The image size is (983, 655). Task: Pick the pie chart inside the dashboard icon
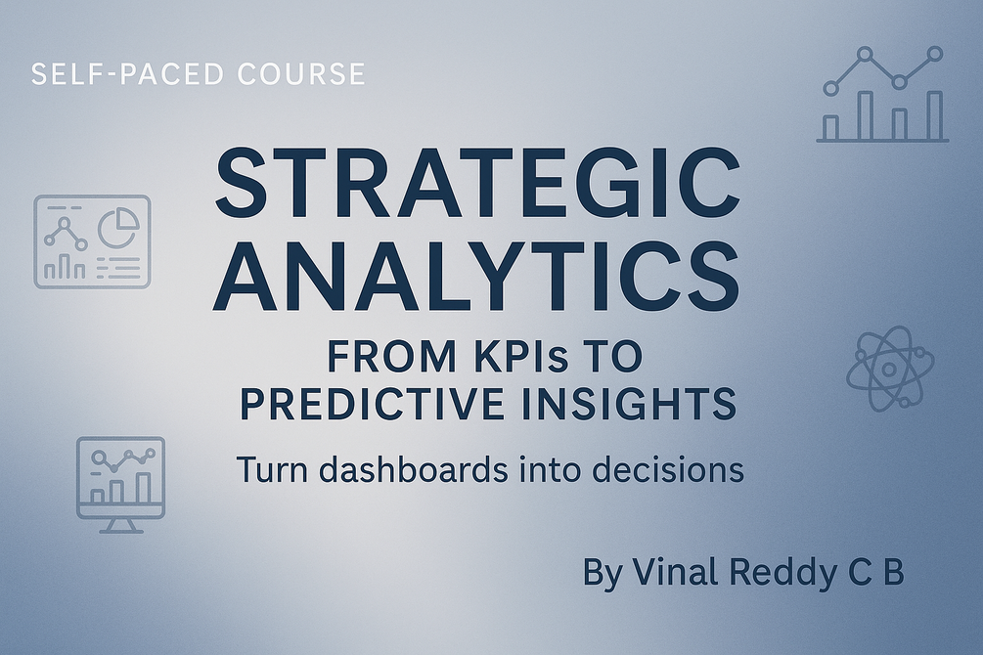pyautogui.click(x=118, y=224)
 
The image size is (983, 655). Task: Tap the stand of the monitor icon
pyautogui.click(x=120, y=526)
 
